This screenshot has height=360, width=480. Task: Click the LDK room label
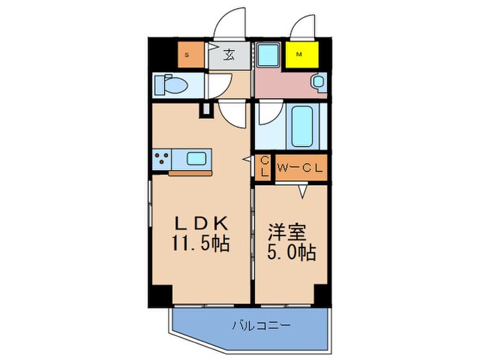tap(201, 224)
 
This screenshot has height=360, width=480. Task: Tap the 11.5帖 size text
tap(201, 242)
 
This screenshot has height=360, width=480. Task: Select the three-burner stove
tap(163, 160)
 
